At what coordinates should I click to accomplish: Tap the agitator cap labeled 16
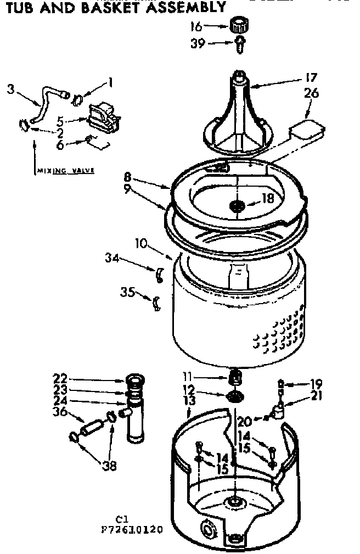pyautogui.click(x=238, y=25)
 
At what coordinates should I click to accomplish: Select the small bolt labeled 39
pyautogui.click(x=240, y=44)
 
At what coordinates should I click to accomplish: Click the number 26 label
pyautogui.click(x=311, y=94)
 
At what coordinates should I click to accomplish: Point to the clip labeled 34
pyautogui.click(x=159, y=273)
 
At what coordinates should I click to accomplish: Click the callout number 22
pyautogui.click(x=60, y=378)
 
